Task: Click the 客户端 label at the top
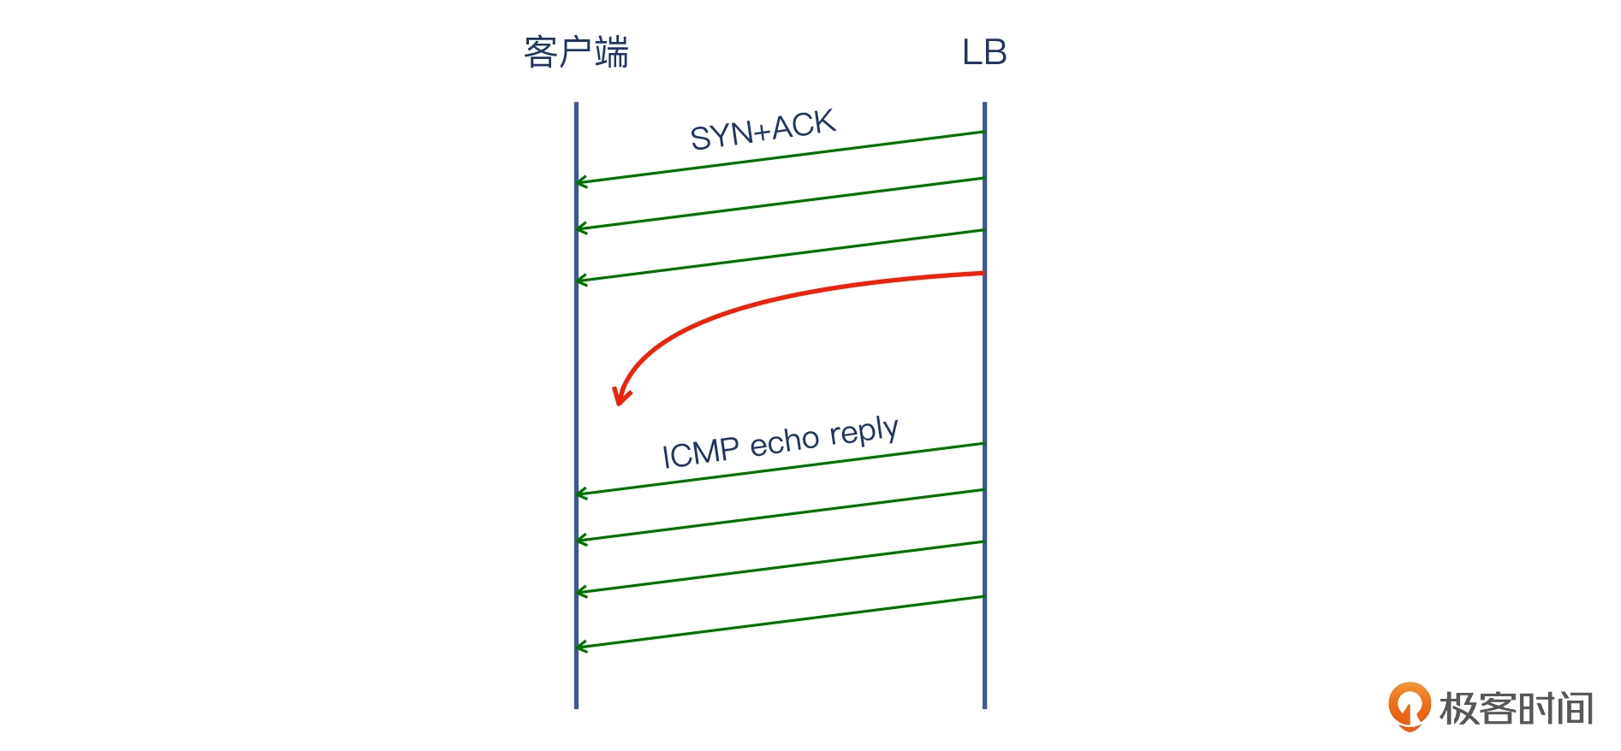[576, 52]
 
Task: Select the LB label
[984, 52]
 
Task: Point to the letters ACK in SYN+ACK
[804, 125]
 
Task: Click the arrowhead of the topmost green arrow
[581, 182]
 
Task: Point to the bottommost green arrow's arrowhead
[581, 647]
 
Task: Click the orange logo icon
[1409, 707]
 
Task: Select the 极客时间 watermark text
[1516, 709]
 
